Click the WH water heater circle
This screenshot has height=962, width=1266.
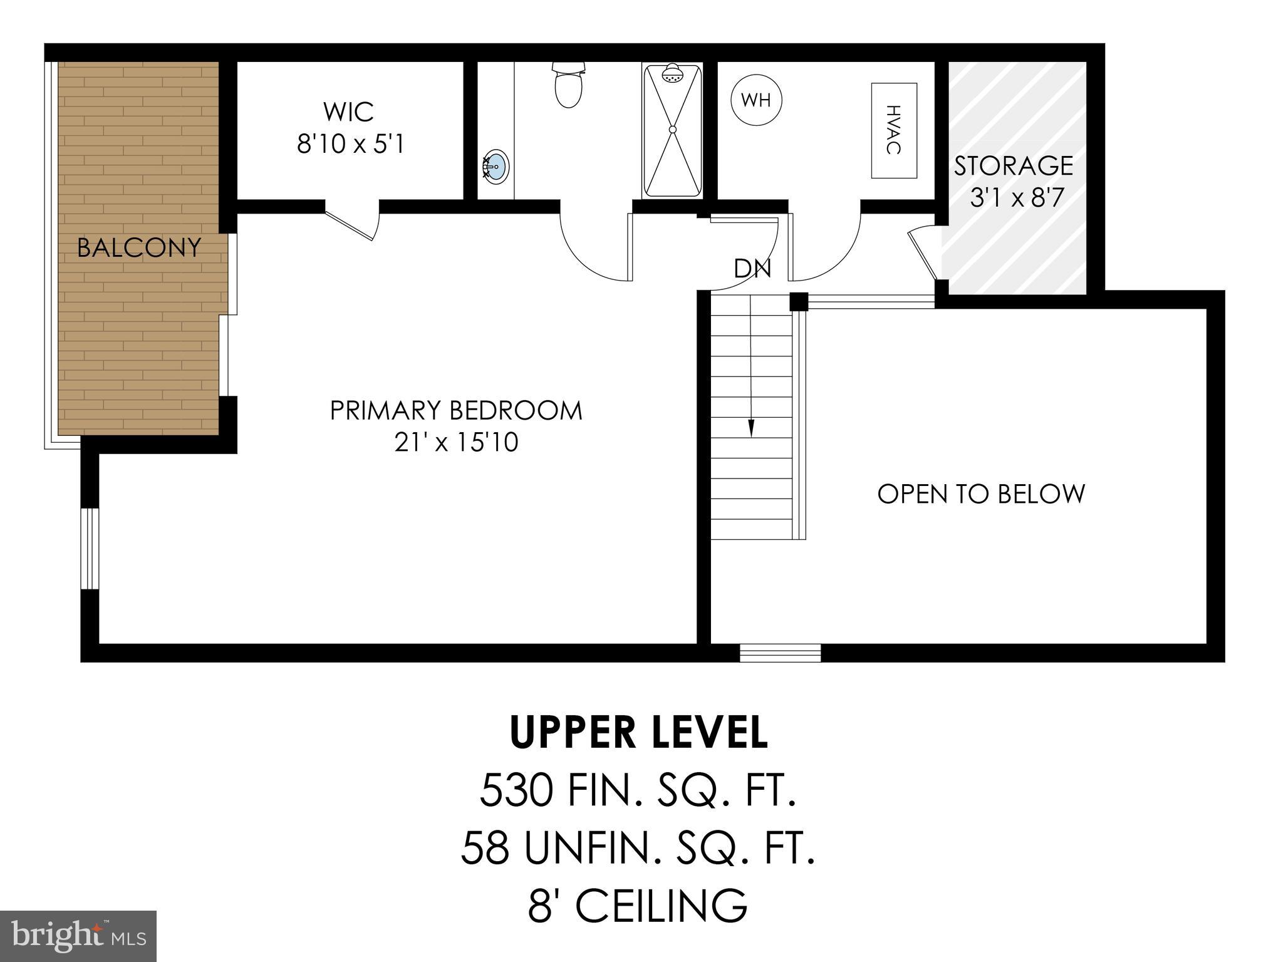pyautogui.click(x=756, y=100)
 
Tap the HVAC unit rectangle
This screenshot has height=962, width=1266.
pyautogui.click(x=894, y=130)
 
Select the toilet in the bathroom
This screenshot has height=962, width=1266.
pyautogui.click(x=568, y=85)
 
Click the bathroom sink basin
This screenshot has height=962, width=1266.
pyautogui.click(x=496, y=167)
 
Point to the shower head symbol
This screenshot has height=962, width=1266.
pyautogui.click(x=673, y=73)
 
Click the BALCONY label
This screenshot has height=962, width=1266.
pyautogui.click(x=138, y=248)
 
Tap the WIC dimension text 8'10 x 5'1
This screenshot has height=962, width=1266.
pyautogui.click(x=350, y=145)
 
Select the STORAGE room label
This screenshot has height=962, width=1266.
pyautogui.click(x=1013, y=166)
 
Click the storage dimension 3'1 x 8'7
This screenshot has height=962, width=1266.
pyautogui.click(x=1016, y=198)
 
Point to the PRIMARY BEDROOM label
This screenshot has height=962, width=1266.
pyautogui.click(x=456, y=411)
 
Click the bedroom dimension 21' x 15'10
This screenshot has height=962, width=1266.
pyautogui.click(x=456, y=443)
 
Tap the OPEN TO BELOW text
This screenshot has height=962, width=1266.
pyautogui.click(x=980, y=494)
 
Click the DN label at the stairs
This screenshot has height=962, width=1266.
pyautogui.click(x=752, y=269)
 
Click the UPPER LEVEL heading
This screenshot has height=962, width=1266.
pyautogui.click(x=638, y=733)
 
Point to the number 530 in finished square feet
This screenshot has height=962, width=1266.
pyautogui.click(x=516, y=791)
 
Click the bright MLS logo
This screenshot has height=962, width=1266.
pyautogui.click(x=78, y=936)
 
